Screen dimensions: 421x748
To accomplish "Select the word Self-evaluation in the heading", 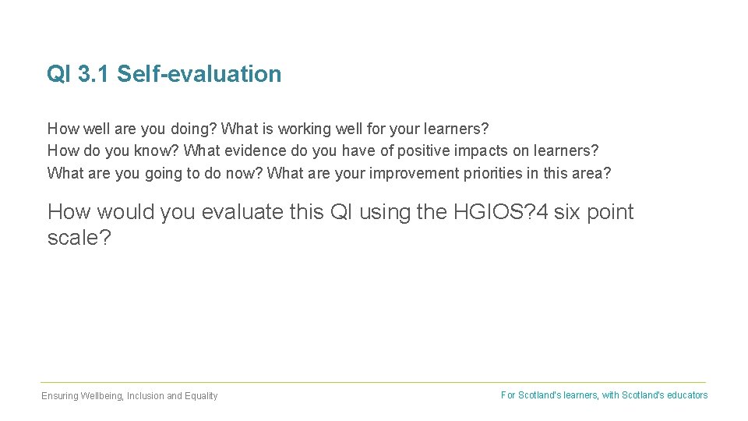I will [x=199, y=74].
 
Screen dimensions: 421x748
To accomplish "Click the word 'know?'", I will [x=157, y=150].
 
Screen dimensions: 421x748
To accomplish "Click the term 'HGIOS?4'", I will [x=500, y=212].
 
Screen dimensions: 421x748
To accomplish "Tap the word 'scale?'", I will [x=79, y=238].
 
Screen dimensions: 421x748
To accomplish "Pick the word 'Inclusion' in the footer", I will [x=146, y=396].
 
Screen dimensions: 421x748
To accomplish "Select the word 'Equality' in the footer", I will [x=201, y=396].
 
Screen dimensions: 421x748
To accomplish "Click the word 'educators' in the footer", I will [x=686, y=395].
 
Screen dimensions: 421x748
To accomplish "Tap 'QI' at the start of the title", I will [x=59, y=74].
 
